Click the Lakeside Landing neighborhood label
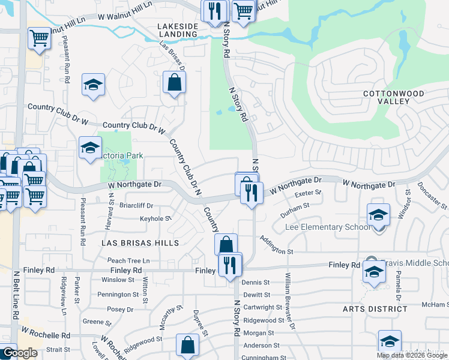(x=177, y=30)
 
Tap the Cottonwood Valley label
(x=394, y=97)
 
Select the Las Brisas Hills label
(x=140, y=243)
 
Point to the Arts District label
(x=375, y=309)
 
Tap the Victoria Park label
(x=122, y=156)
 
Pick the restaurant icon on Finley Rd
(x=230, y=265)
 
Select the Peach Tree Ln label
(x=128, y=261)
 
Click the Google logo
(x=19, y=353)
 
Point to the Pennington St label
(x=118, y=295)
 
